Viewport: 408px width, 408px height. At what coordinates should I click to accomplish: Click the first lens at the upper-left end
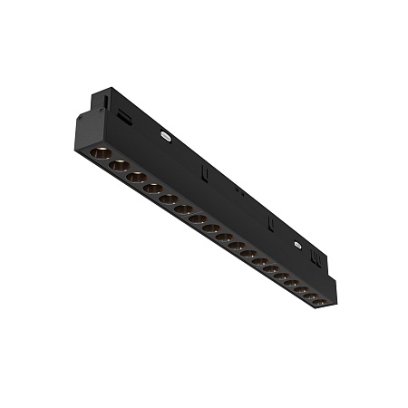(100, 156)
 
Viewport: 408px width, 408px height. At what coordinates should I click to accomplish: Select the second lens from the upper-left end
(117, 166)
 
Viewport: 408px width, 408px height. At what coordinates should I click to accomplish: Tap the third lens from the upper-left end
(135, 178)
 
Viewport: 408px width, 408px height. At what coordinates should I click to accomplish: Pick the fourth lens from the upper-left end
(152, 189)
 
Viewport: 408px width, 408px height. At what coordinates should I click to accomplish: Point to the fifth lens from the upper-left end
(169, 199)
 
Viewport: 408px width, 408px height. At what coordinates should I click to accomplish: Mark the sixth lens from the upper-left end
(183, 209)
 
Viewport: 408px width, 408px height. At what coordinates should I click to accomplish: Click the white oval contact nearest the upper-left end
(166, 133)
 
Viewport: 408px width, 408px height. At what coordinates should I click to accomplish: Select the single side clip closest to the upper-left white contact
(207, 170)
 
